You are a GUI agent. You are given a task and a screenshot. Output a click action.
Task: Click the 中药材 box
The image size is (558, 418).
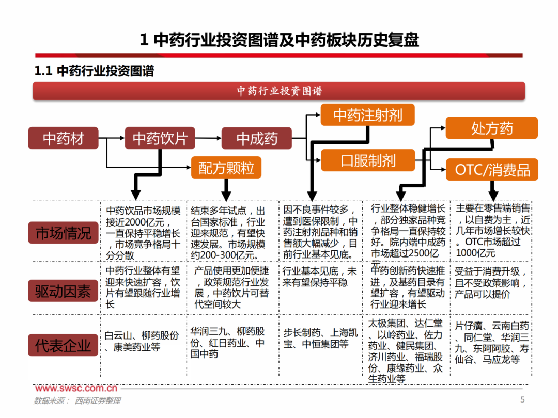(x=63, y=138)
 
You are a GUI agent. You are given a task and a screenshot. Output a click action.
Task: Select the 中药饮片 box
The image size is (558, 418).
(x=160, y=138)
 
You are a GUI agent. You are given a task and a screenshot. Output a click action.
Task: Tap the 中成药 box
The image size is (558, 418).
(x=257, y=138)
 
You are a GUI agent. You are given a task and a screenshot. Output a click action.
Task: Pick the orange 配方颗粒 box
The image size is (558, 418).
(x=226, y=168)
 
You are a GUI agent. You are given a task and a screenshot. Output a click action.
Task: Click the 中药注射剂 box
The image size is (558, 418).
(x=367, y=115)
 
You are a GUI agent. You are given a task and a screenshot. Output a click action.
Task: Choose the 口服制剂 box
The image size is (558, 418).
(x=367, y=160)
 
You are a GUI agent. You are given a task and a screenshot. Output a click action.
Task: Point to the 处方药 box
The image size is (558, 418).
(x=491, y=128)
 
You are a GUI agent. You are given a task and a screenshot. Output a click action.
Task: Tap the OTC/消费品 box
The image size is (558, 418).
(x=491, y=170)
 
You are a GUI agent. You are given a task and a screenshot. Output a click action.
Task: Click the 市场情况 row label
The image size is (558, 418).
(x=63, y=233)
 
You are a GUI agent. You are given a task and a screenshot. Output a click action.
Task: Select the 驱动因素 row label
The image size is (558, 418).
(x=63, y=292)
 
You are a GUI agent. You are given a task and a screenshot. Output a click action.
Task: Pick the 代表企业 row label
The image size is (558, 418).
(x=63, y=345)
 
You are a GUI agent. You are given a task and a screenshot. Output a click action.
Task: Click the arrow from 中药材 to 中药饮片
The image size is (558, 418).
(x=112, y=138)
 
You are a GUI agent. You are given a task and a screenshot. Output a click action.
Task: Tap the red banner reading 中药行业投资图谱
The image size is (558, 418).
(x=279, y=91)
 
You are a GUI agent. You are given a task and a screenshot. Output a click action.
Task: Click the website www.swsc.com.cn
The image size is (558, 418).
(x=76, y=388)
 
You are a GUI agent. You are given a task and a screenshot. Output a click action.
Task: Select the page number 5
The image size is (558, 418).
(x=522, y=399)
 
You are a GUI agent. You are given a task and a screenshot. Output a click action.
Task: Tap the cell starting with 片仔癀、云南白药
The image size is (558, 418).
(x=492, y=343)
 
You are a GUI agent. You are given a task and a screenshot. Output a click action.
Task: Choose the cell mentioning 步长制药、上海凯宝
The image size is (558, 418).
(x=320, y=338)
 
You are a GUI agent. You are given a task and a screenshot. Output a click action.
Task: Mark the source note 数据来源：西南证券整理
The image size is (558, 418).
(x=77, y=400)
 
